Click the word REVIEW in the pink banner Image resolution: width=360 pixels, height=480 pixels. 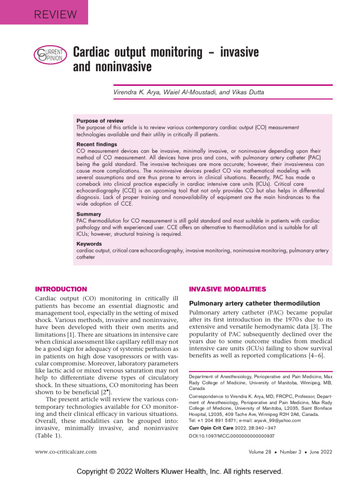55,14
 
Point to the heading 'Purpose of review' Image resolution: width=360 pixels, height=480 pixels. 100,121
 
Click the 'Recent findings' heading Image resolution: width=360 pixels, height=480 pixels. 97,144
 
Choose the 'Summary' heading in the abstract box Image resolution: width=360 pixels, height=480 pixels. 89,214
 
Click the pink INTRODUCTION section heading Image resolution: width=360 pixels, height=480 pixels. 61,289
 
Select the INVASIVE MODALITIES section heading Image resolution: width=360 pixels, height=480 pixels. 227,289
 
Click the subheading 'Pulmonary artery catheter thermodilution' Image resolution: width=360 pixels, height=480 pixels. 255,303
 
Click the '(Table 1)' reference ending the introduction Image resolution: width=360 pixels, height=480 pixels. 49,435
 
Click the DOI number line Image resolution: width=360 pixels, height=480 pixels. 232,435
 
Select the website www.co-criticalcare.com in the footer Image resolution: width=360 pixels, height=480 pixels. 66,452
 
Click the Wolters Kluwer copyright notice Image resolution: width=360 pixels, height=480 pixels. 180,471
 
